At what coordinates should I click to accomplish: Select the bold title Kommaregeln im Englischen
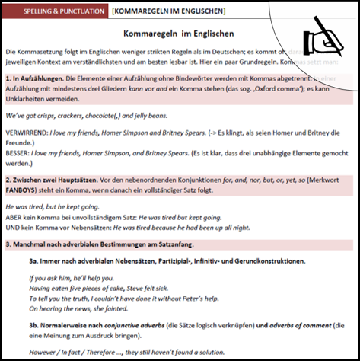(180, 34)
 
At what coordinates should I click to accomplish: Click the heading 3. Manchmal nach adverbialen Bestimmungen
(99, 244)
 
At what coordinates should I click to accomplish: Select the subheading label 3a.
(37, 261)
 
